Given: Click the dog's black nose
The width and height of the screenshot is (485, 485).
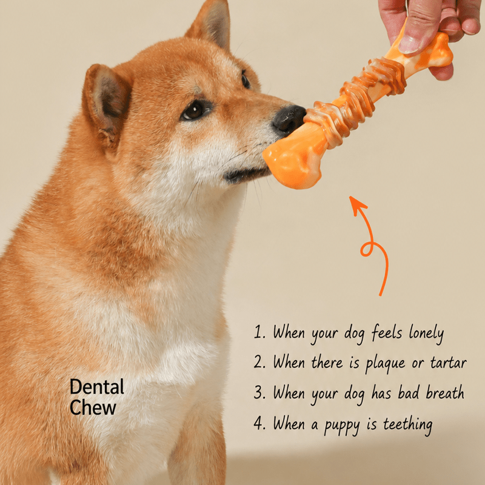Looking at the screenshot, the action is (289, 119).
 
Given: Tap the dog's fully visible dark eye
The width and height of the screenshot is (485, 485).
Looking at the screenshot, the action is (195, 110).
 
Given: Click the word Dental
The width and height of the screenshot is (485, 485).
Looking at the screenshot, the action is (97, 387).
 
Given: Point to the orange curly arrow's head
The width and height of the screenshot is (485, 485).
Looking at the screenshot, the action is (357, 205).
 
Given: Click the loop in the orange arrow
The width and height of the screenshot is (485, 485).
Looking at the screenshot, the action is (368, 249).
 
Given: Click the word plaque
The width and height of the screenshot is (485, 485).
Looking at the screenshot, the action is (385, 364).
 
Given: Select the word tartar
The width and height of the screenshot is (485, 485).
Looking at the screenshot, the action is (448, 363).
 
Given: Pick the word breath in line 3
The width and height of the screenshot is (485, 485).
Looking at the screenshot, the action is (445, 393).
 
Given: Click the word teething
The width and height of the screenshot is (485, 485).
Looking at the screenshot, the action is (407, 424).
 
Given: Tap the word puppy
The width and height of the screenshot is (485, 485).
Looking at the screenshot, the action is (342, 426).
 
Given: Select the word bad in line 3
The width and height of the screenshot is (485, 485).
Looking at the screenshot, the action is (408, 392).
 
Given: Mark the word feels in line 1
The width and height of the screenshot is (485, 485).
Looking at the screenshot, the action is (387, 332).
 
